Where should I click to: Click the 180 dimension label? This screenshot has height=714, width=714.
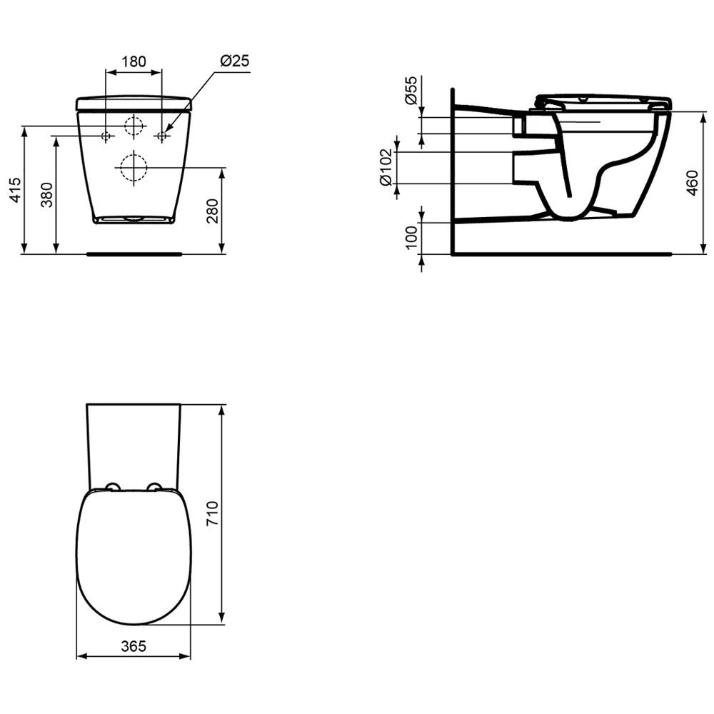coord(134,61)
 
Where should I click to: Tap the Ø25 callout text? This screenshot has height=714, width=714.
coord(235,61)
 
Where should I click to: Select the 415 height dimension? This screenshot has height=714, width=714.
coord(15,190)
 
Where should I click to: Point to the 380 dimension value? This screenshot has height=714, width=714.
coord(47,195)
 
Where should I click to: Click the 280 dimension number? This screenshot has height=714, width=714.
coord(212,211)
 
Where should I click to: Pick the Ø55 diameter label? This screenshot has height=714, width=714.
coord(411,91)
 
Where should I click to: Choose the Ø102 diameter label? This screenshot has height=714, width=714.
coord(386,167)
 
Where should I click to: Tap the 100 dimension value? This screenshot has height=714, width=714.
coord(411,237)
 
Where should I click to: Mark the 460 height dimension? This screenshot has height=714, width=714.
coord(692,183)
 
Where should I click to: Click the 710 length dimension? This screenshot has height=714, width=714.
coord(213,513)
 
